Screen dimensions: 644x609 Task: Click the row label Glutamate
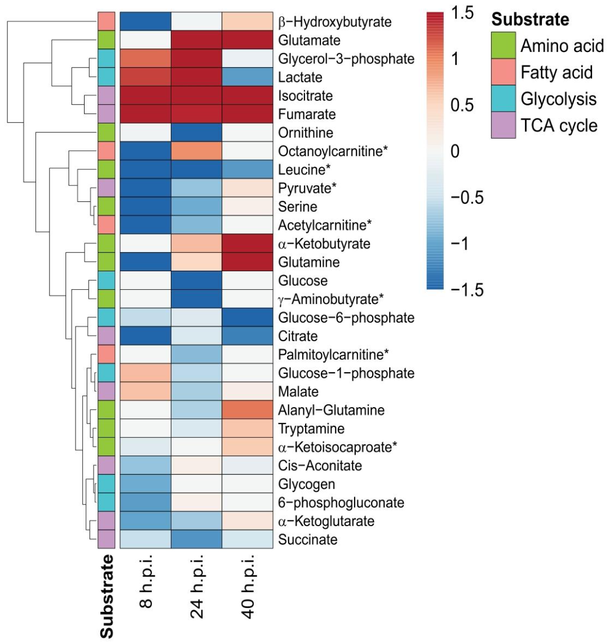tap(306, 41)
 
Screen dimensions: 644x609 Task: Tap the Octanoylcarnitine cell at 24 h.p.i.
tap(196, 151)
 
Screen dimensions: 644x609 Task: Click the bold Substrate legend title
tap(530, 20)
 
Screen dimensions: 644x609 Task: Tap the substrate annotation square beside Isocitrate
tap(107, 96)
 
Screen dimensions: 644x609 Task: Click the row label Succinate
tap(308, 539)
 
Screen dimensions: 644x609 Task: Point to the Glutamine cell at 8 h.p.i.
tap(145, 262)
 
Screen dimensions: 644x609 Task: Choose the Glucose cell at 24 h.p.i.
tap(196, 280)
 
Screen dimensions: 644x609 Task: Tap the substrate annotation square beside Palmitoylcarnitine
tap(107, 354)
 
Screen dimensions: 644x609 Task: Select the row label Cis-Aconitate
tap(320, 465)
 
